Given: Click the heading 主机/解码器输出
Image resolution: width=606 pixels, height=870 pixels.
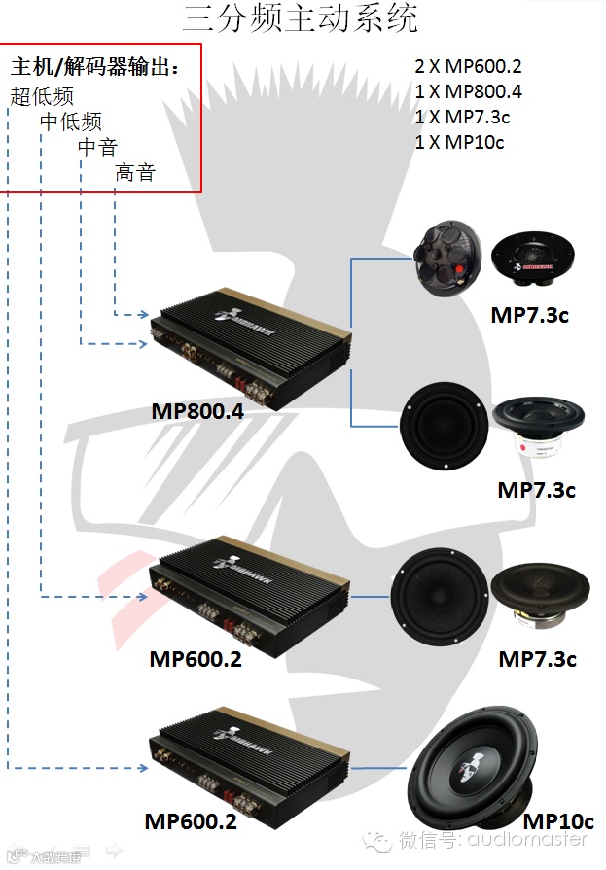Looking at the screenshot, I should point(94,67).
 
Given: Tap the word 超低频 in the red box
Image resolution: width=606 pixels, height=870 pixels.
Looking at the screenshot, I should point(42,95).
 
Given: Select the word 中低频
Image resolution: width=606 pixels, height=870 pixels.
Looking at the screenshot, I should point(70,122).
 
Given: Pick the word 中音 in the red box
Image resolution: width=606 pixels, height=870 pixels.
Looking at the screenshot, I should point(97,148).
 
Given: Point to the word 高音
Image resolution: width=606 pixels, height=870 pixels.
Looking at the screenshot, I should point(135,174).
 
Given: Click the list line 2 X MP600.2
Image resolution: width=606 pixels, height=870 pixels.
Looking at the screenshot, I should point(468,67).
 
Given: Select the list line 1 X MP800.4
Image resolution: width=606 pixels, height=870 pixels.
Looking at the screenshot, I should point(468,92).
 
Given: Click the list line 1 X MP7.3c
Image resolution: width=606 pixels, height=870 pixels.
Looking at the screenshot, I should point(463,118).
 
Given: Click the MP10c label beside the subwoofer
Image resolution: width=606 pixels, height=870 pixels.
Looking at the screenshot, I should point(557,821).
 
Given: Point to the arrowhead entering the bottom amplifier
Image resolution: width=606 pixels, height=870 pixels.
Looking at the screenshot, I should point(143,771).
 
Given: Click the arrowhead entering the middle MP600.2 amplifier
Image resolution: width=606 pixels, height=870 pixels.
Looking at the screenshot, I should point(143,597).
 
